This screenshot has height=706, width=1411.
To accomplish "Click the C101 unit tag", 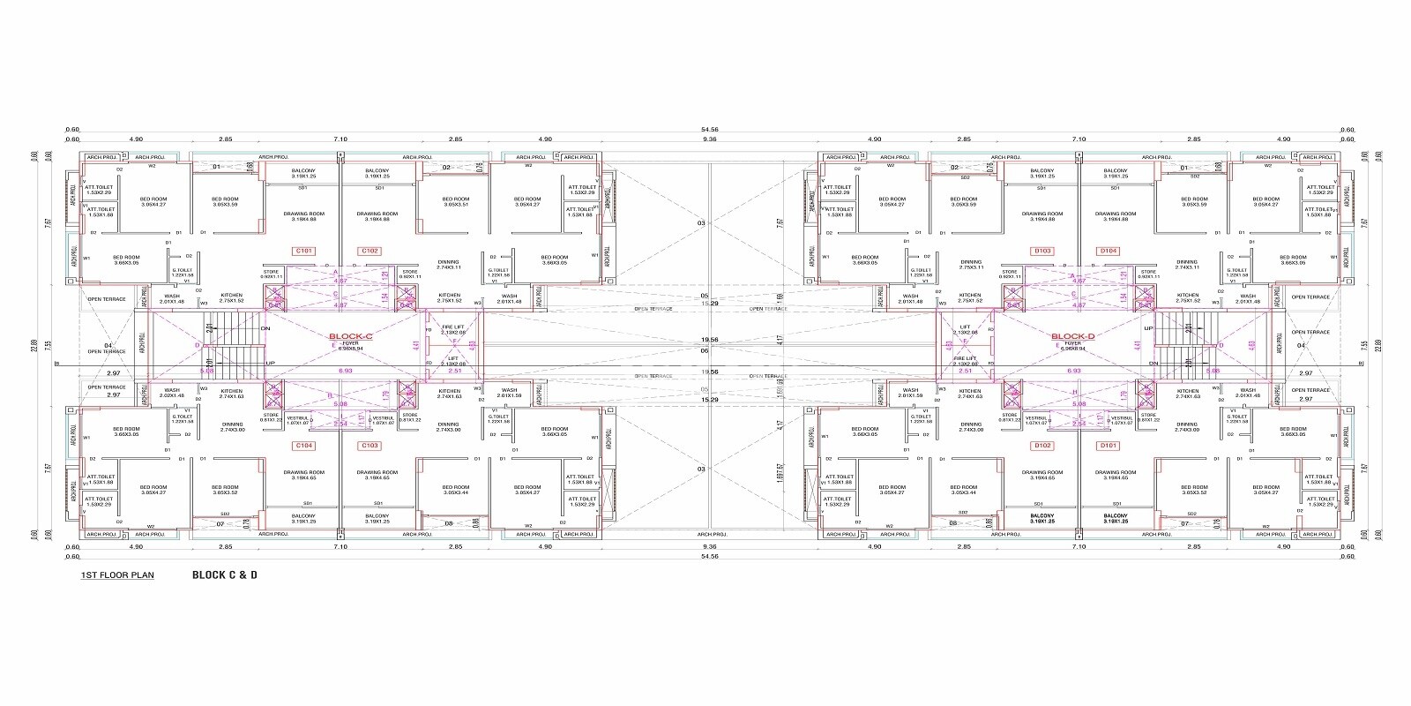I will point(303,251).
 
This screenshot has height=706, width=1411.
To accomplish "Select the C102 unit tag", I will point(370,251).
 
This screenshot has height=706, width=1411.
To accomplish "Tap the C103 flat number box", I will point(370,446).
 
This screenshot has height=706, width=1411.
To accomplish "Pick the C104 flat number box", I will point(303,446).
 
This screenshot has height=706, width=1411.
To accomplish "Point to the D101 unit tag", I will point(1109,446).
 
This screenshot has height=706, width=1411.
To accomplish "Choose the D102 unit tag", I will point(1042,446).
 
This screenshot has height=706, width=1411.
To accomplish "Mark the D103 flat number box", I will point(1042,251).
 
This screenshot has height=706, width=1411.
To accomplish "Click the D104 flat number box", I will point(1109,251).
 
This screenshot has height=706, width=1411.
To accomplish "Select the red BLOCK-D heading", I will point(1072,336).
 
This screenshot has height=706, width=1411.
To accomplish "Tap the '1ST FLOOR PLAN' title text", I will point(117,575).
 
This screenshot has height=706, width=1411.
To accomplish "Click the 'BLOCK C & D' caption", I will point(225,575).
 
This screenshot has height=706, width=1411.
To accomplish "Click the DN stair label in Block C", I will point(265,328).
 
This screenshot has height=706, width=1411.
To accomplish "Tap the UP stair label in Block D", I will point(1147,328).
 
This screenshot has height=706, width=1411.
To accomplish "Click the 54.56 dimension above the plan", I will point(710,130).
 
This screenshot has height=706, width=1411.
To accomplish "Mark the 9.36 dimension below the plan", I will point(710,547).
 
